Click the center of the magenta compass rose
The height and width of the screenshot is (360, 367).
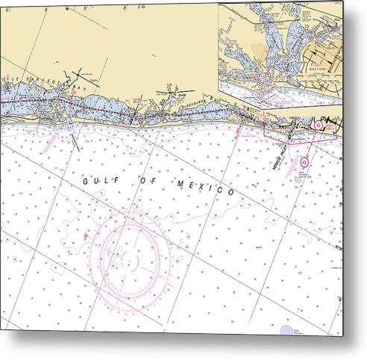[131, 255]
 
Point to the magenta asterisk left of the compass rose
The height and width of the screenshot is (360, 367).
[87, 237]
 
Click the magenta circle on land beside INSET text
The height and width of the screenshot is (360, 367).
[319, 125]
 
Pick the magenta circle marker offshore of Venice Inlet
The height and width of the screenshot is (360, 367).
[305, 159]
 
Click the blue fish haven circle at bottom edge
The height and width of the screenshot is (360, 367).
[287, 329]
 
